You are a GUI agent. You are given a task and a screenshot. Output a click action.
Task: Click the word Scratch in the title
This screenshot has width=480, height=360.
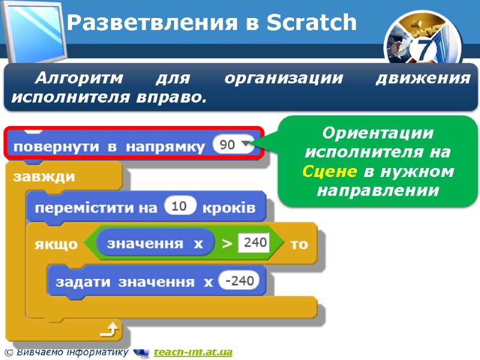[311, 23]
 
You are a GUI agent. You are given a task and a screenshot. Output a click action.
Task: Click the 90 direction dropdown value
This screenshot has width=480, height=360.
[227, 145]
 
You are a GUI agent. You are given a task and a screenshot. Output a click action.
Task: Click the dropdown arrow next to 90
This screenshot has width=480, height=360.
[245, 145]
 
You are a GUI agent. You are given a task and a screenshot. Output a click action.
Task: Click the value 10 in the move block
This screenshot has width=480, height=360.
[179, 207]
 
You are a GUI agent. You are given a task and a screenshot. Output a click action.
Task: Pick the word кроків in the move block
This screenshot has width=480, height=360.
[229, 208]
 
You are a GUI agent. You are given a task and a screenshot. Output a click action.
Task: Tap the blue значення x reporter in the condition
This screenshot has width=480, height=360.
[155, 244]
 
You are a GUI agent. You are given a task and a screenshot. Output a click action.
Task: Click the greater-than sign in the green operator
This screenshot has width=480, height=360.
[227, 244]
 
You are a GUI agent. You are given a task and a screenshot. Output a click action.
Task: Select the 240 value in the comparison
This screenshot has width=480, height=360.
[253, 243]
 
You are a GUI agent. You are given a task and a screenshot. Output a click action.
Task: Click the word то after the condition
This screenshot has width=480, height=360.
[299, 244]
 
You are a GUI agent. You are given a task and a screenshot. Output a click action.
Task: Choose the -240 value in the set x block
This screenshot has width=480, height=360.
[239, 280]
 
